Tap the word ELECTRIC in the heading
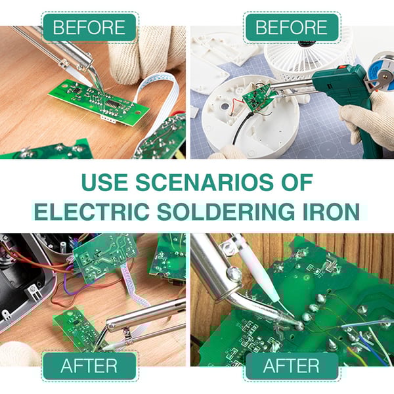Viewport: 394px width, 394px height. pos(90,211)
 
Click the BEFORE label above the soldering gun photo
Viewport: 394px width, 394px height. pos(291,28)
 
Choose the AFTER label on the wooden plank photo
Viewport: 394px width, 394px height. pos(291,366)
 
